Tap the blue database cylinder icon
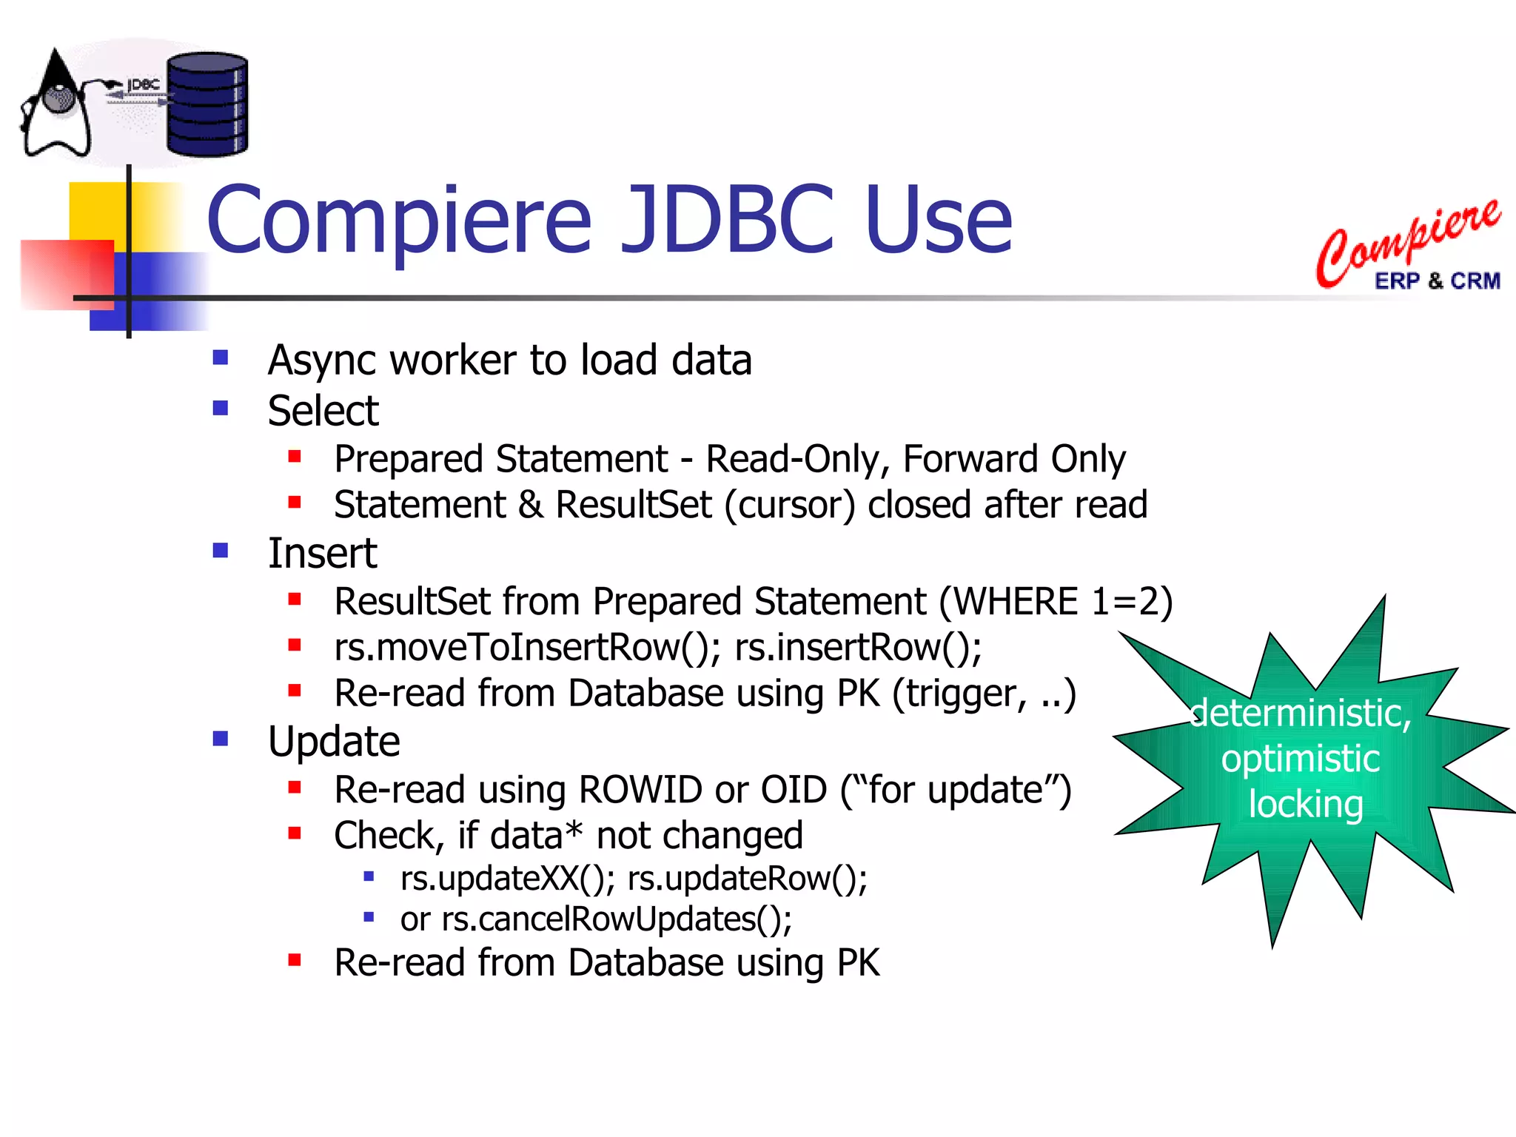point(207,104)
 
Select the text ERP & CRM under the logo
point(1437,281)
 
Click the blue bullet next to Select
point(221,409)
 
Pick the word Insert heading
point(322,553)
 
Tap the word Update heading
point(334,741)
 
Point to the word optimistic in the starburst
point(1301,759)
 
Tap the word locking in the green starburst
point(1306,805)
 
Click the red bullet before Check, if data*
point(295,834)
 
